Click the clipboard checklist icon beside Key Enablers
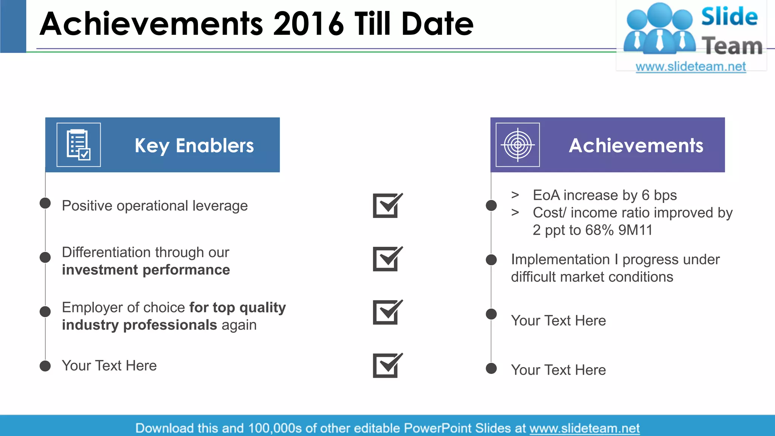[79, 145]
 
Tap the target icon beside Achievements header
[518, 145]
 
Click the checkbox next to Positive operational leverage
[387, 206]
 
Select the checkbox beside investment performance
[387, 259]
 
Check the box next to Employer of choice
[387, 312]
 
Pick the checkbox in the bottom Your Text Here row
[387, 366]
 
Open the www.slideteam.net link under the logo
[691, 67]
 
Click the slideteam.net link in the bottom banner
[584, 428]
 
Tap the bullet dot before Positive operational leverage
[45, 203]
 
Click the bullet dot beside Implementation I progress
[491, 260]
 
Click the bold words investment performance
[146, 270]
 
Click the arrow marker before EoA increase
[515, 195]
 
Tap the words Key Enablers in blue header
[194, 146]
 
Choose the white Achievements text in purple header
[636, 145]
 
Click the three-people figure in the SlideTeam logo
[660, 28]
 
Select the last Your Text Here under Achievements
[558, 370]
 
